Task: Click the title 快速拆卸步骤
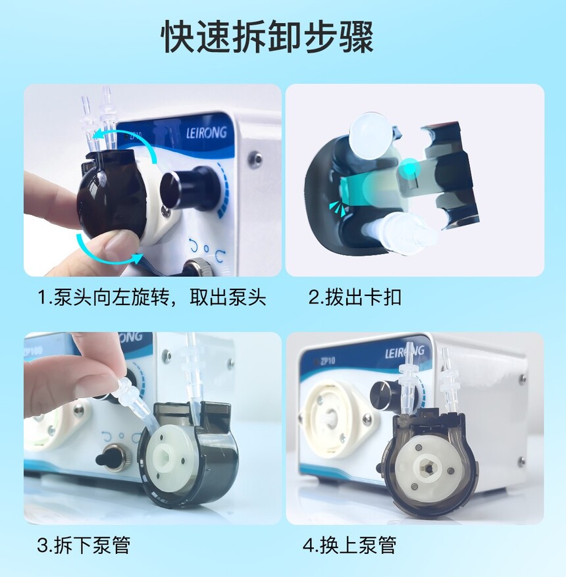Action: coord(268,37)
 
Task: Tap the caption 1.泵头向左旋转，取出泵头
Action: coord(151,297)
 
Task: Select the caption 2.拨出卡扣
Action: coord(354,297)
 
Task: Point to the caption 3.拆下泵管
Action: coord(84,545)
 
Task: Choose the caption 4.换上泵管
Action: coord(349,545)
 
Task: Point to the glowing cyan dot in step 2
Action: coord(410,168)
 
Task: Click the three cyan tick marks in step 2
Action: coord(338,208)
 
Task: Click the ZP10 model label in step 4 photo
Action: coord(328,361)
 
